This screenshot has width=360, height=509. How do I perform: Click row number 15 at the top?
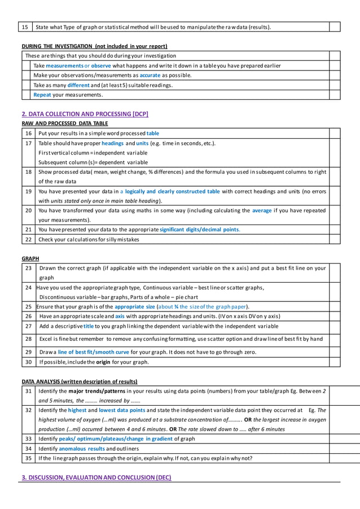point(25,27)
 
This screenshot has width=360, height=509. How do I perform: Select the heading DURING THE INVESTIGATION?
point(94,46)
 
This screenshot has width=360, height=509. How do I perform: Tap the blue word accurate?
point(150,75)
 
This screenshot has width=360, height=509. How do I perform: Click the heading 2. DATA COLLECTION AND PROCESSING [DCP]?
point(85,114)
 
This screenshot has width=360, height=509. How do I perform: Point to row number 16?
point(28,133)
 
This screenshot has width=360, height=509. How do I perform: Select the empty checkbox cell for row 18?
point(335,177)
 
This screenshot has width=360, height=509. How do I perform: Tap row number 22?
point(28,239)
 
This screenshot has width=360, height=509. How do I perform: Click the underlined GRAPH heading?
point(30,258)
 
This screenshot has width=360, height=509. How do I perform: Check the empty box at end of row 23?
point(335,273)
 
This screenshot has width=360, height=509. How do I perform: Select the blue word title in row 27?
point(89,326)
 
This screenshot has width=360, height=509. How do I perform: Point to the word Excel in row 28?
point(47,339)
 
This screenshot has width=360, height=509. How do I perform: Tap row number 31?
point(28,390)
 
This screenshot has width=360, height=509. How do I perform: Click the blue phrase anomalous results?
point(82,449)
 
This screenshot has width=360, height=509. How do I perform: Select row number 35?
point(28,458)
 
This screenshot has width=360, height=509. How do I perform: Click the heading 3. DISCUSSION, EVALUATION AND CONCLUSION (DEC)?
point(96,477)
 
